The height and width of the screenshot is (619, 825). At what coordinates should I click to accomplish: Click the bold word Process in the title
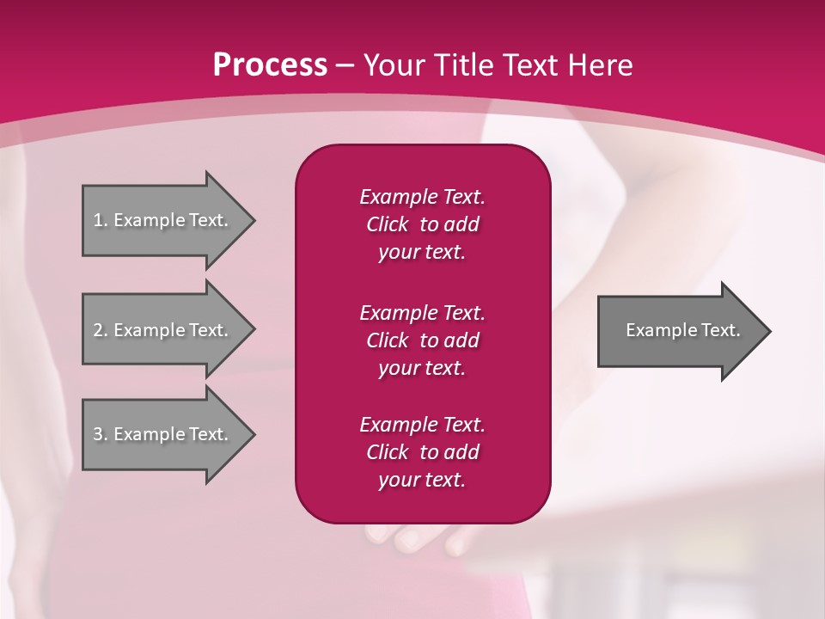(x=270, y=65)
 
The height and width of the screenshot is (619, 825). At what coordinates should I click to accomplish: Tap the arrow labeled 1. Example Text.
(x=163, y=220)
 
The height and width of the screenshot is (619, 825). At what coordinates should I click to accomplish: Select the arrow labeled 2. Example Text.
(x=163, y=330)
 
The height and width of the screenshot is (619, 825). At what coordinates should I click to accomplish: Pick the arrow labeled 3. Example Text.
(x=163, y=435)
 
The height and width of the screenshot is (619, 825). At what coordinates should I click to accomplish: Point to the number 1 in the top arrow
(x=98, y=220)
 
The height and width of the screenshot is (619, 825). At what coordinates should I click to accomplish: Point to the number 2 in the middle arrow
(x=98, y=330)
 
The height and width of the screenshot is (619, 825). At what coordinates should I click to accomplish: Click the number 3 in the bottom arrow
(x=98, y=435)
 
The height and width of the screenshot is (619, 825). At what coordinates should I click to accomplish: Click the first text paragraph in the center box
(x=422, y=224)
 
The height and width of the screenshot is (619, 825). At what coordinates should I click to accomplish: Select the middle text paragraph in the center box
(x=422, y=340)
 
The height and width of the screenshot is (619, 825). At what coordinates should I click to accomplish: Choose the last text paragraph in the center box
(x=422, y=452)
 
